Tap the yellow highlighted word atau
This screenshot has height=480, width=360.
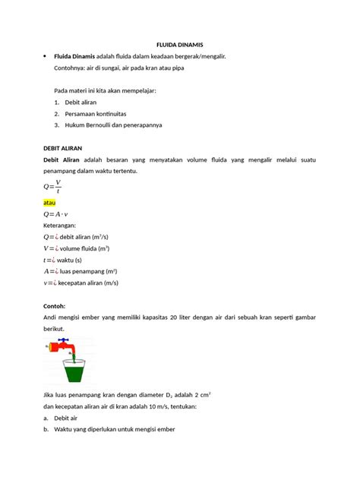pos(50,203)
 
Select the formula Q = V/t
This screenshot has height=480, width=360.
pos(52,187)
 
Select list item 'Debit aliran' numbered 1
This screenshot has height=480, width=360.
pos(80,102)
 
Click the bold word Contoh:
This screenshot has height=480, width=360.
pos(58,306)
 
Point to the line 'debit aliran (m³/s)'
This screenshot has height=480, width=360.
pos(84,236)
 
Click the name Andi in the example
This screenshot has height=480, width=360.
pos(52,317)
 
